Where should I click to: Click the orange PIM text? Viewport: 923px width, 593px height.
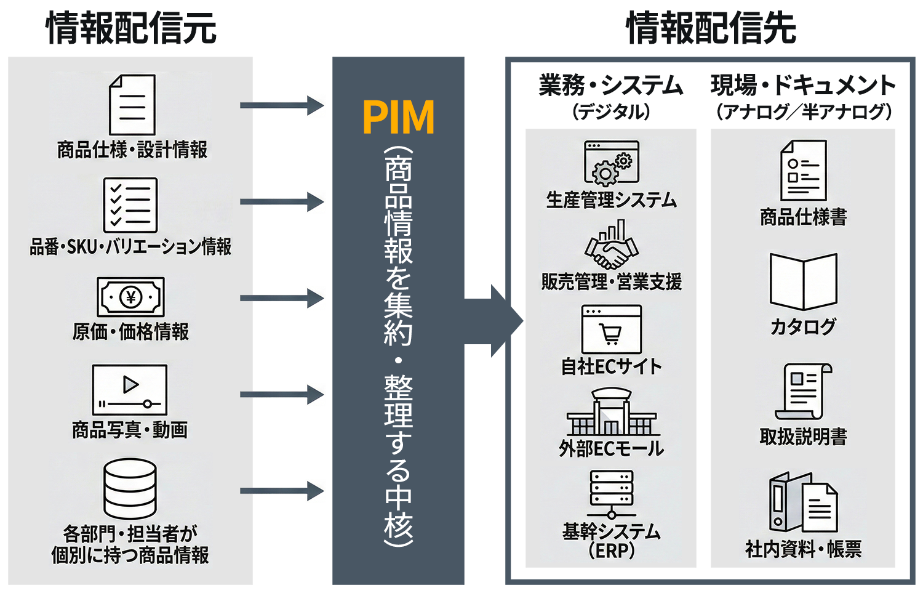pos(398,117)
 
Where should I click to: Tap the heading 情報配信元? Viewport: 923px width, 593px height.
pos(131,28)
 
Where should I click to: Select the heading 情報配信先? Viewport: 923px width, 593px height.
pos(711,28)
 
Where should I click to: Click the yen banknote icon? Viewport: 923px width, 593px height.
pos(130,297)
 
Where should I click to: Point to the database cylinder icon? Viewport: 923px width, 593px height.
pos(130,488)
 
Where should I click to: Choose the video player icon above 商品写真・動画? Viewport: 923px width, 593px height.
pos(130,390)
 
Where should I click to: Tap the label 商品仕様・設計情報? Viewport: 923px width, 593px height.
pos(132,150)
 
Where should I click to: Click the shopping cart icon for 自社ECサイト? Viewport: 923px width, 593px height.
pos(611,329)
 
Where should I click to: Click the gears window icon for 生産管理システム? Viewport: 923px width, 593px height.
pos(611,163)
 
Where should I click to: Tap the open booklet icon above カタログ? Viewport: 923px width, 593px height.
pos(803,281)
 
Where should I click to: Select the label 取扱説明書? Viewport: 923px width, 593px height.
pos(803,437)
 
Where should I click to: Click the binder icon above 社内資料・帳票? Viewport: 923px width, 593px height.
pos(802,502)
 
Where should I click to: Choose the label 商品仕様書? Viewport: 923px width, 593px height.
pos(803,217)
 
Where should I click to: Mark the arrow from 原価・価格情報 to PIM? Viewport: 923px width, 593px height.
pos(281,299)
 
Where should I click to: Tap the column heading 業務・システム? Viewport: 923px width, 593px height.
pos(610,86)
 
